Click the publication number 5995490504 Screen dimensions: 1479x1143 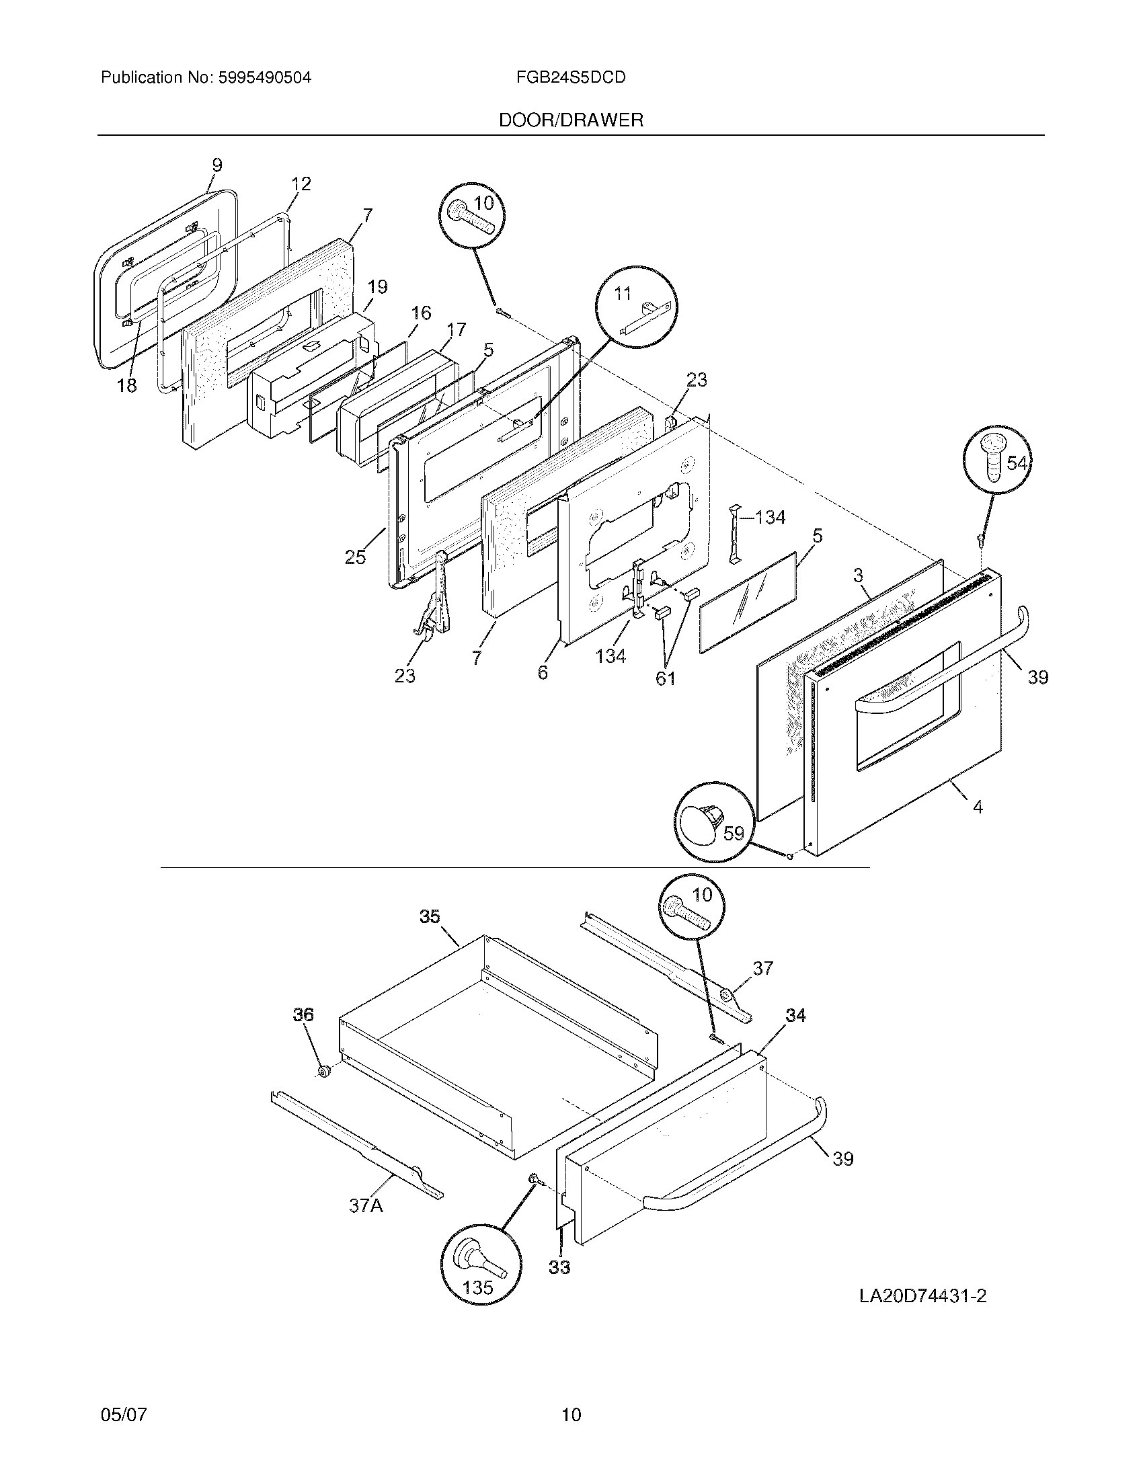pos(264,78)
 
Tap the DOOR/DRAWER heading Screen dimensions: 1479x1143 pos(570,120)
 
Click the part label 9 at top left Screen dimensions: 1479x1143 pos(216,165)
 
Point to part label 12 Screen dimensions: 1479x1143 pos(301,184)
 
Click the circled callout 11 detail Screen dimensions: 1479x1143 pos(636,307)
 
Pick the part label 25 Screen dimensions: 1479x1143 pos(355,557)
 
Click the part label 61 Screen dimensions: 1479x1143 pos(665,678)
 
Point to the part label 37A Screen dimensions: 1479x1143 pos(366,1206)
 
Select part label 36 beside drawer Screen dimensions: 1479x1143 pos(303,1034)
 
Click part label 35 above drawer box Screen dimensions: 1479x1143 pos(430,916)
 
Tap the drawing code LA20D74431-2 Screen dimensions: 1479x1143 pos(922,1296)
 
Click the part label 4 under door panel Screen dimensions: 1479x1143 pos(978,807)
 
